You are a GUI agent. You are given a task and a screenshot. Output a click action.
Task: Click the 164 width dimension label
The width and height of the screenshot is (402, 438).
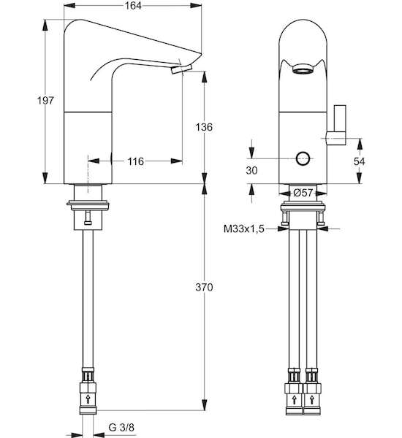point(133,5)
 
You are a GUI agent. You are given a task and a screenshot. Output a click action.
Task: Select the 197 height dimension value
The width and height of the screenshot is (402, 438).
point(45,100)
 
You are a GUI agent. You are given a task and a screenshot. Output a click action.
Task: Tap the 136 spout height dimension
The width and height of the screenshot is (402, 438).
point(204,127)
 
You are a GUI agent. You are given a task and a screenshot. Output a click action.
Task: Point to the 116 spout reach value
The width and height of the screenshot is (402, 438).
point(136,161)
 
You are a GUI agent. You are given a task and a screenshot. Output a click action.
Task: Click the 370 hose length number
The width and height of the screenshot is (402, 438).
point(204,287)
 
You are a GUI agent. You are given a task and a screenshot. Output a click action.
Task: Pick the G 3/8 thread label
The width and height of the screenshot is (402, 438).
point(121,427)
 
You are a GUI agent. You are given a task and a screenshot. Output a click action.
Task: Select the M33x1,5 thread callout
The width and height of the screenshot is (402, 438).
point(243,228)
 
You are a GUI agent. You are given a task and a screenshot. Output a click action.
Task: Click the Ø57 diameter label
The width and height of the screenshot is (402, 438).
point(303,193)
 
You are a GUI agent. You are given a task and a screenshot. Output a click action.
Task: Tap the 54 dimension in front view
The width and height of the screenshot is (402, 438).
point(359,161)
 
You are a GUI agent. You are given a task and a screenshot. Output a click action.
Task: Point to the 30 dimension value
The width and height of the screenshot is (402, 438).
point(251,170)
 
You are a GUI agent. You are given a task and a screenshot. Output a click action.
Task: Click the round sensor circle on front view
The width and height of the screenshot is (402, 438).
point(303,158)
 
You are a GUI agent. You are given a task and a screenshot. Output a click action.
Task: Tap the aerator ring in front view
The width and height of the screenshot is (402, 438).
point(303,69)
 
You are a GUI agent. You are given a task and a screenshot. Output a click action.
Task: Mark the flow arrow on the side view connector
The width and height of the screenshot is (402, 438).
point(88,399)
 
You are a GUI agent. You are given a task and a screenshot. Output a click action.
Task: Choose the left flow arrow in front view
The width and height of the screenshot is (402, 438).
point(294,399)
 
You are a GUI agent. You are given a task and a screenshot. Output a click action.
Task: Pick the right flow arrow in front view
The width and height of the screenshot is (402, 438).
point(312,399)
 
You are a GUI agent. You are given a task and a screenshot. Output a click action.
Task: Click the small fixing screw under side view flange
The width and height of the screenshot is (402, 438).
point(88,218)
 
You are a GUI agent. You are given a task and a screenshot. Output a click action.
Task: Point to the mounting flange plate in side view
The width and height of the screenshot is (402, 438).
point(88,205)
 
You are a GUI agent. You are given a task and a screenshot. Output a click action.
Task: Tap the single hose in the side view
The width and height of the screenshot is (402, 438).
point(88,299)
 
